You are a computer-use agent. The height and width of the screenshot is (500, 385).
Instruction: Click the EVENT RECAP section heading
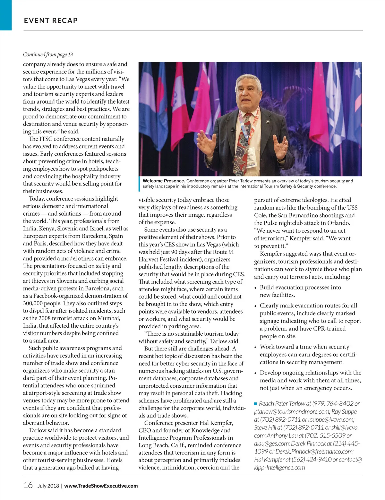(51, 21)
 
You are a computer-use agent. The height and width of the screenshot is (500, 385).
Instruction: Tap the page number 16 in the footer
(28, 485)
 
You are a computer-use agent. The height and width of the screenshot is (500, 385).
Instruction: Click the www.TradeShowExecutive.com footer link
(101, 486)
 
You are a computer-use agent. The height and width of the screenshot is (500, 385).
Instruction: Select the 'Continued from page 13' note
(48, 55)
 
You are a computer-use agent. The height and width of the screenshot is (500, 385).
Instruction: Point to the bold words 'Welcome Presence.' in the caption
(164, 181)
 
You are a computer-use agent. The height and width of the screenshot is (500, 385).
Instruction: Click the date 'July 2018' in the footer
(48, 486)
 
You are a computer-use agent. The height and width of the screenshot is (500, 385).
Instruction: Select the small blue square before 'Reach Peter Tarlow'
(256, 403)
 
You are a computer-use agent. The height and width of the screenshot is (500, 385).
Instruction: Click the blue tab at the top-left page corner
(5, 15)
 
